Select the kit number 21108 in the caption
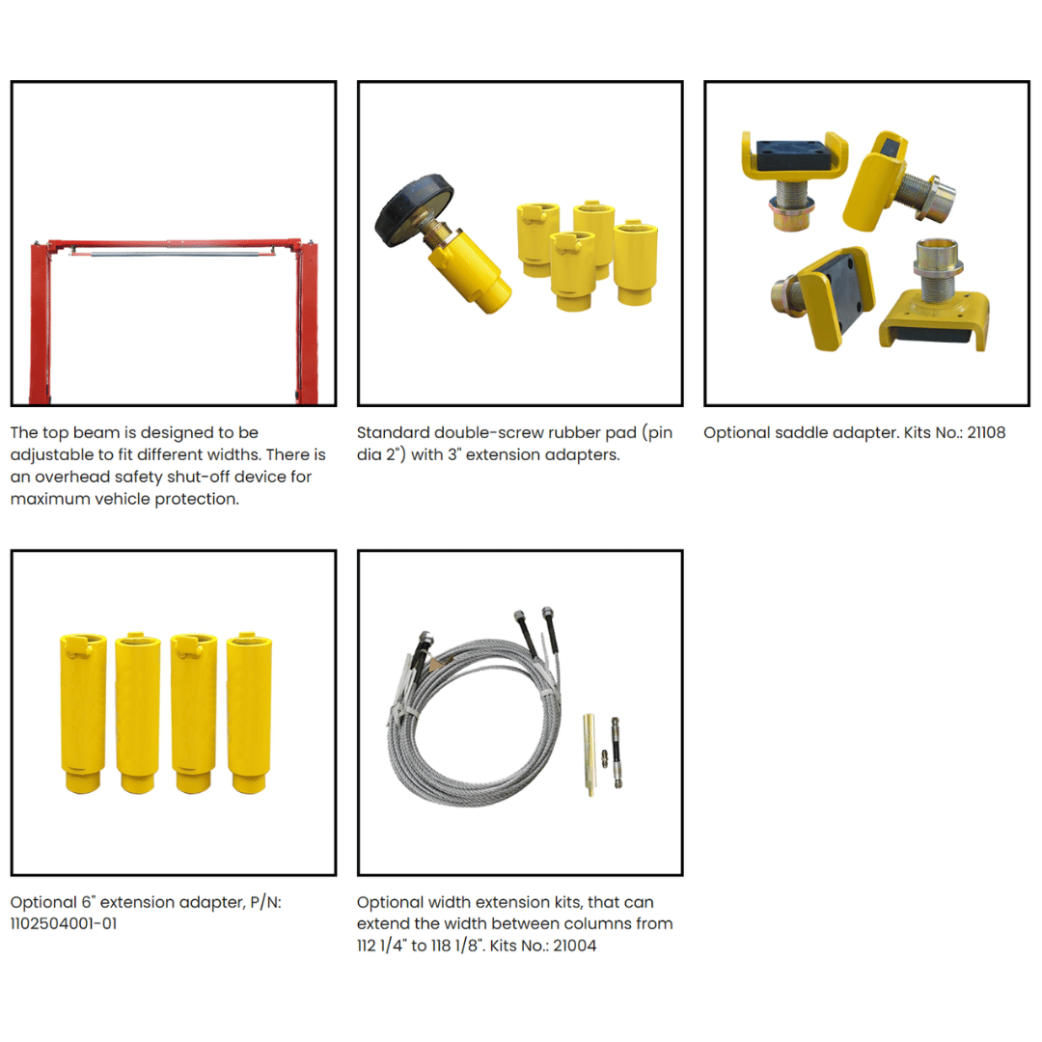986,432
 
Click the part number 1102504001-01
64,923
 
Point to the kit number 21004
575,946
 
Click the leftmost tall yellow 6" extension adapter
83,712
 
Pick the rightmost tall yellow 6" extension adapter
249,712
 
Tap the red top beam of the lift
174,244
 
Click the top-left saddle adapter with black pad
794,178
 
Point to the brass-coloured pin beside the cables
590,754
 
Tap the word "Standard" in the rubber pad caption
394,432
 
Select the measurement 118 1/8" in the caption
456,946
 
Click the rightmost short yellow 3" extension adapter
635,263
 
